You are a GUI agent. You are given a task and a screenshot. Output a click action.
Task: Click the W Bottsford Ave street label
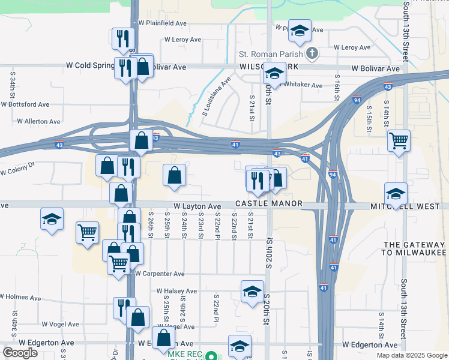(x=25, y=104)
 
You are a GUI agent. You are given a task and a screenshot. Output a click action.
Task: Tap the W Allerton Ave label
(x=38, y=121)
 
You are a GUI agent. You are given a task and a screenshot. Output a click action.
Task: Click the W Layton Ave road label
(x=197, y=206)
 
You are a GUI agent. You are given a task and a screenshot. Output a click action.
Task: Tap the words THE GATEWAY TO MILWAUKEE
(x=414, y=249)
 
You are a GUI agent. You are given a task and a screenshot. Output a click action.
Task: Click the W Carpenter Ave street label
(x=160, y=274)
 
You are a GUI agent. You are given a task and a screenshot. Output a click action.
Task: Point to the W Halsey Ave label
(x=176, y=291)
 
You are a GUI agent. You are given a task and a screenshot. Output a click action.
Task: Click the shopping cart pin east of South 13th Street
(x=399, y=141)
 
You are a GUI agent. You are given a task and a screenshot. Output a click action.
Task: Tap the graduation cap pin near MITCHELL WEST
(x=396, y=194)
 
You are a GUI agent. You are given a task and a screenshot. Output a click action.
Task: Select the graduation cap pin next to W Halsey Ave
(x=252, y=292)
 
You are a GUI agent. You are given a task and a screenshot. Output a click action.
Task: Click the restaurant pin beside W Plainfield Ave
(x=123, y=38)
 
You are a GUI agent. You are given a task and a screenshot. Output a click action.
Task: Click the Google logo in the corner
(x=20, y=353)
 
